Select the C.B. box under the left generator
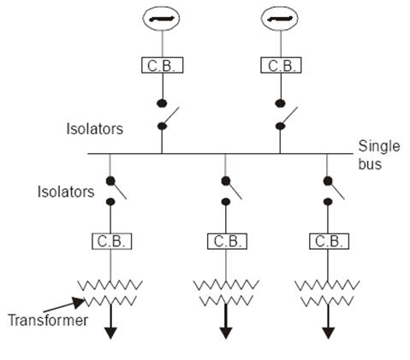(x=161, y=65)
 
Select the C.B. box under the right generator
(x=279, y=65)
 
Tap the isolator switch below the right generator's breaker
(x=282, y=116)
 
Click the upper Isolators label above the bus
(x=95, y=130)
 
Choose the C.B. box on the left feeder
(x=110, y=241)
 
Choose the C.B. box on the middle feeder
(x=225, y=241)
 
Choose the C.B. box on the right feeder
(x=326, y=241)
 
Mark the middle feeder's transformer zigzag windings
(x=225, y=292)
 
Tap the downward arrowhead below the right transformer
(x=326, y=333)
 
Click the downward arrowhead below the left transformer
(x=110, y=333)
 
